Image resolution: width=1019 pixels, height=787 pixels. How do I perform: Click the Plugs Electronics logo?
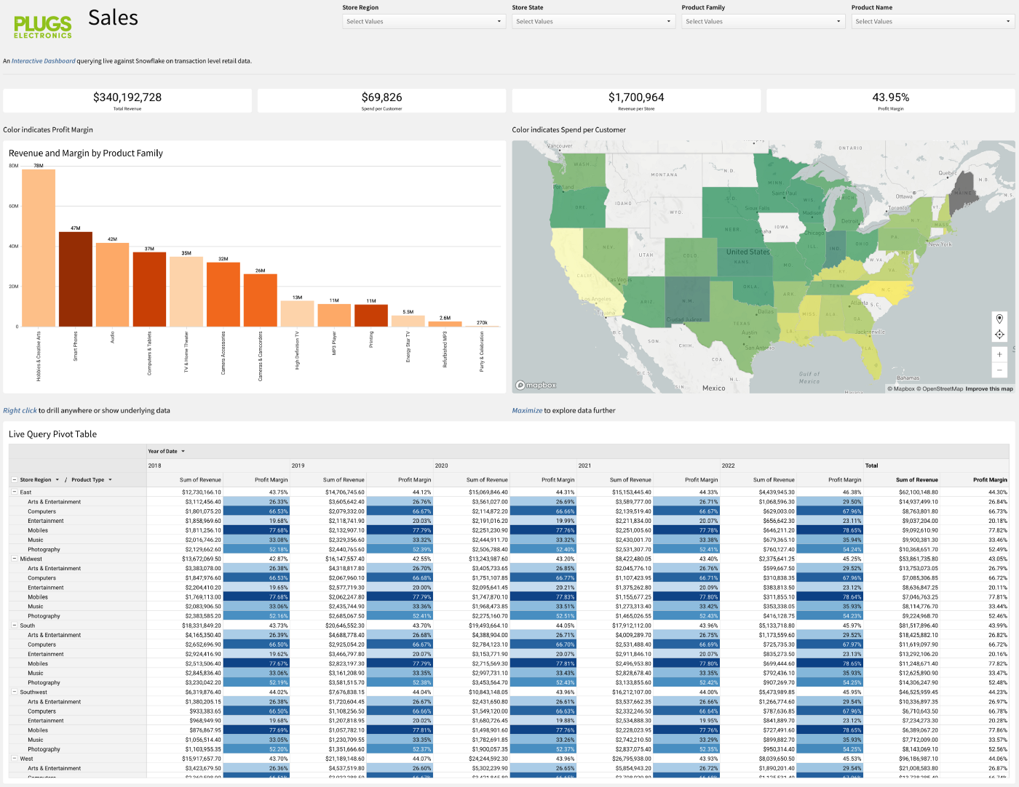[x=43, y=26]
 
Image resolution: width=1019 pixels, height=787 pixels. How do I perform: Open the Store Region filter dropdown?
[x=423, y=22]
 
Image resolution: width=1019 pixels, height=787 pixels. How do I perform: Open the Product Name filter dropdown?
[x=932, y=22]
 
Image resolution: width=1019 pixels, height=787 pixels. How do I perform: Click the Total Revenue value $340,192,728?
[x=127, y=97]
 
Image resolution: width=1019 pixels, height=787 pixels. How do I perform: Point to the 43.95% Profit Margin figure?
[x=890, y=97]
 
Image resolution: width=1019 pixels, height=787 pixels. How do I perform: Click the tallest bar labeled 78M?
[x=39, y=247]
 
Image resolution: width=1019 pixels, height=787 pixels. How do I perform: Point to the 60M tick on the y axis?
[x=14, y=206]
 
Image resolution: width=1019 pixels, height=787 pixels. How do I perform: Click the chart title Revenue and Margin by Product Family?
[x=86, y=153]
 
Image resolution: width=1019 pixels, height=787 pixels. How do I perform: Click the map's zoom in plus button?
[x=999, y=354]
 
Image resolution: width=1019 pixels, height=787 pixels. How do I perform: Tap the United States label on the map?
[x=748, y=252]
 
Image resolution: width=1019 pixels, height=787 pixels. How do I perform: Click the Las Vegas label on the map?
[x=619, y=280]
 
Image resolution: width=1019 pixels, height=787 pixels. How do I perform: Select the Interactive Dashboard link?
[x=43, y=61]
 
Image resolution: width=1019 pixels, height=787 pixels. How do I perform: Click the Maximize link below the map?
[x=527, y=411]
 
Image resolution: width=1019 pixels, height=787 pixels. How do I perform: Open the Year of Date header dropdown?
[x=183, y=452]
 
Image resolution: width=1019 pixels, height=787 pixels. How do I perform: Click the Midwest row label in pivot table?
[x=31, y=559]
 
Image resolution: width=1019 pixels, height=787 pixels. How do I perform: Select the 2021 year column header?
[x=584, y=466]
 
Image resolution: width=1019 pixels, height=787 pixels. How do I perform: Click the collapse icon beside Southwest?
[x=14, y=692]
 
